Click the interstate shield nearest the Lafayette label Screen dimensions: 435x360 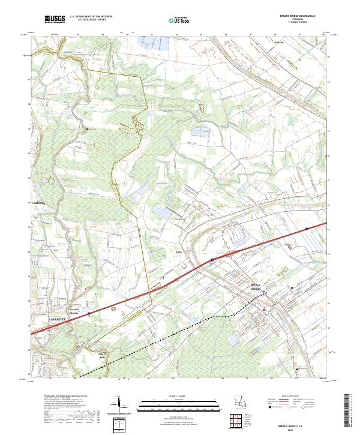pyautogui.click(x=89, y=313)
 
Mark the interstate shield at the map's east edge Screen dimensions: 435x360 pyautogui.click(x=307, y=229)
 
